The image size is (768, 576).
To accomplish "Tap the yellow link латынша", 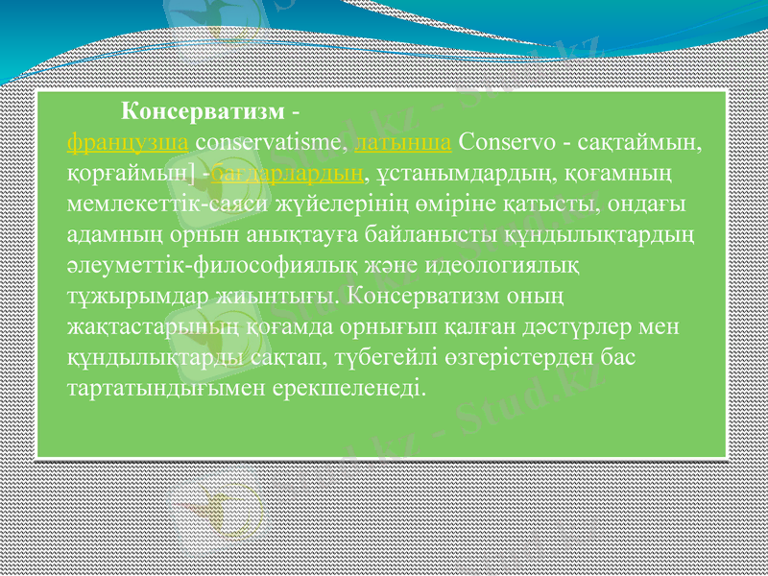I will (403, 143).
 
